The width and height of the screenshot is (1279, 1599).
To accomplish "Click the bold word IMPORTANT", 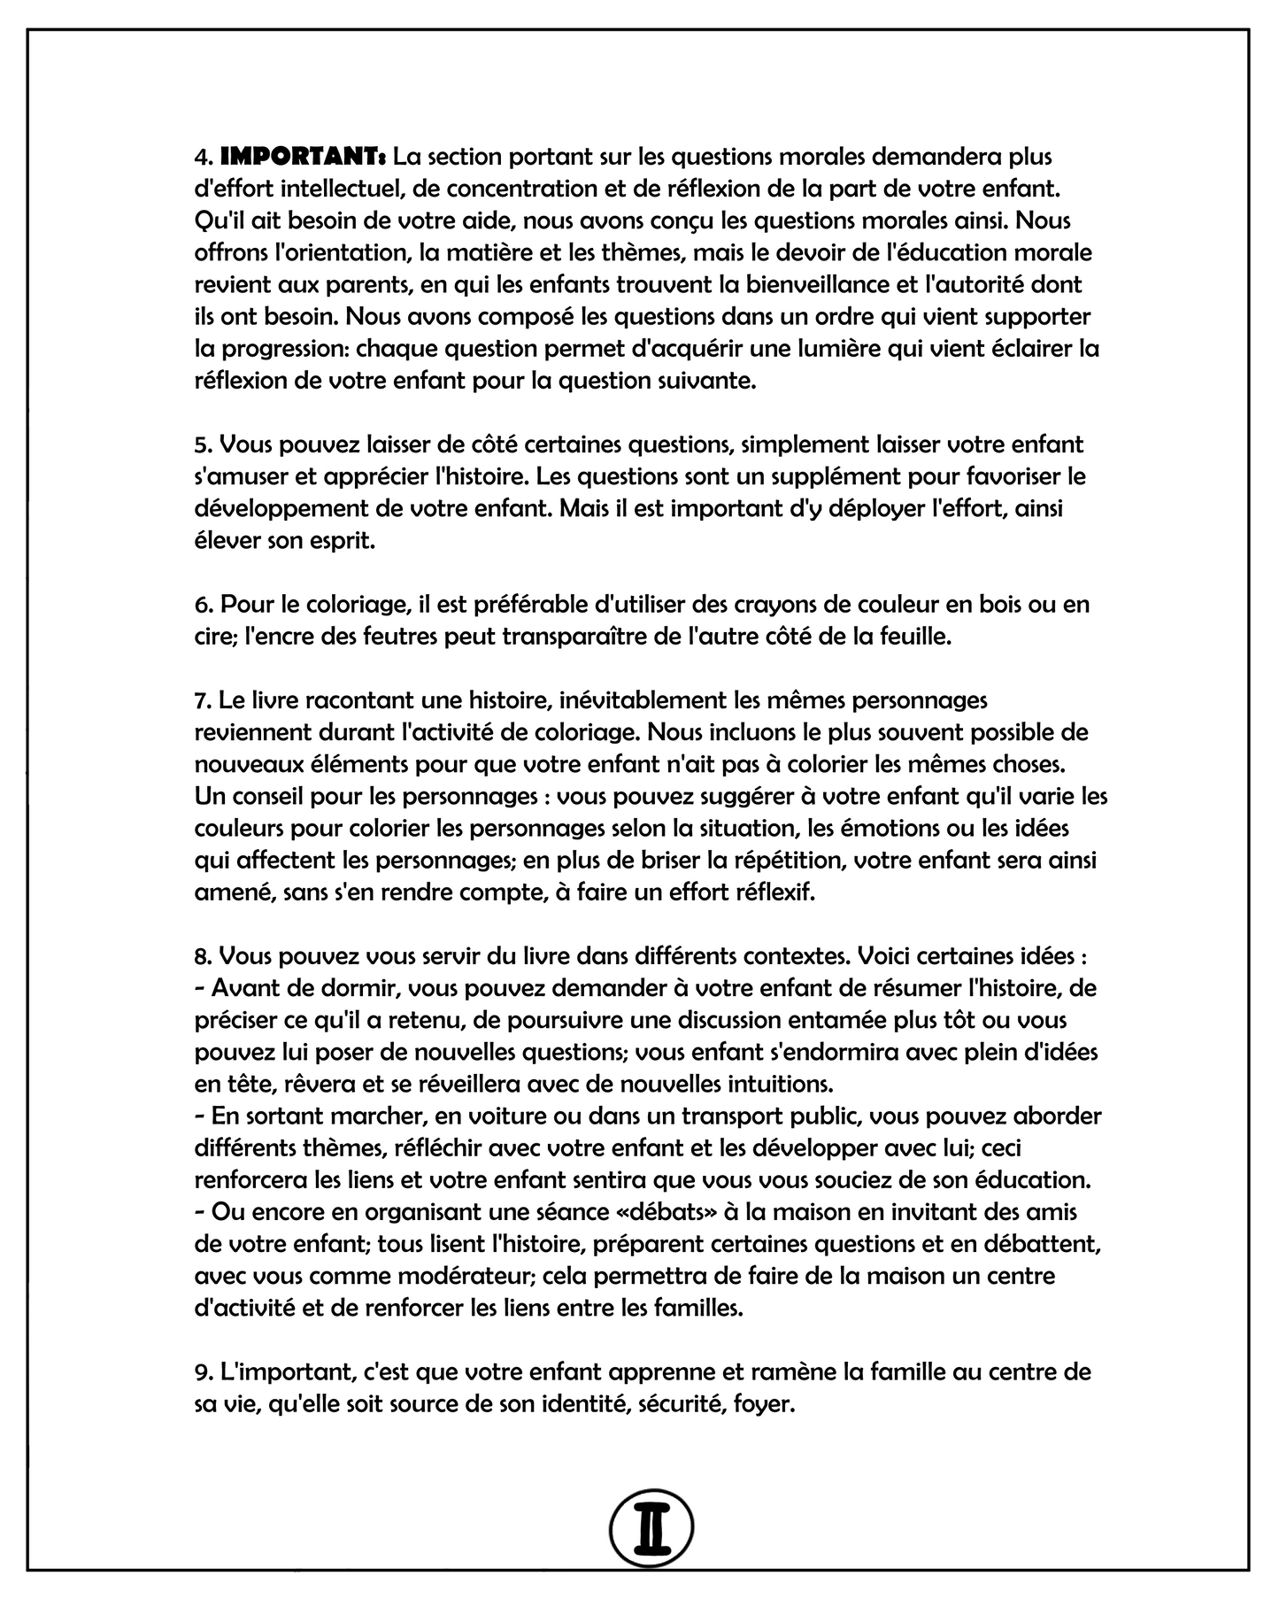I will pyautogui.click(x=302, y=158).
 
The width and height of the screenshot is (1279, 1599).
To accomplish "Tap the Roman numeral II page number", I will pyautogui.click(x=651, y=1526).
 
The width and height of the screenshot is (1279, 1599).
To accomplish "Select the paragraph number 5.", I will pyautogui.click(x=202, y=444).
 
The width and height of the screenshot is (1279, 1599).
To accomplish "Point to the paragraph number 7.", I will pyautogui.click(x=202, y=700).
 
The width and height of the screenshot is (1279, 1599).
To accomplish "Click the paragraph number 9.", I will pyautogui.click(x=202, y=1372).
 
